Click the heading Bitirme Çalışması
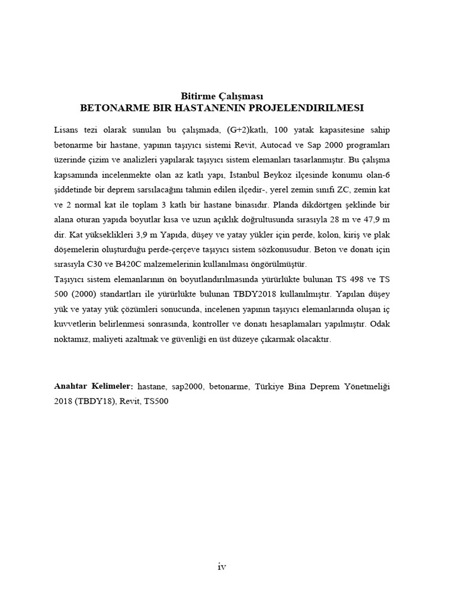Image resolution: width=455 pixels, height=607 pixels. [x=222, y=96]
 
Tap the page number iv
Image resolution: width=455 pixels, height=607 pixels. [x=222, y=567]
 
